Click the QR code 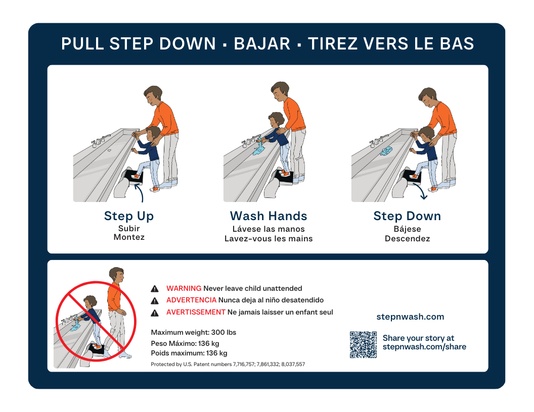point(363,345)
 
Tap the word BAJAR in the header point(262,44)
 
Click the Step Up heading point(129,216)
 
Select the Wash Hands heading point(269,216)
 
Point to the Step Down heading point(407,216)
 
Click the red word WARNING point(184,288)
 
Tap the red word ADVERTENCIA point(191,300)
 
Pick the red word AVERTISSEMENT point(196,312)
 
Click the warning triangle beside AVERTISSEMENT point(155,313)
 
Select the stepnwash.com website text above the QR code point(410,317)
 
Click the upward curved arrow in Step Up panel point(140,192)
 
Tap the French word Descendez point(407,239)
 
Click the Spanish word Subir point(129,228)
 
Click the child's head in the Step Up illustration point(154,134)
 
